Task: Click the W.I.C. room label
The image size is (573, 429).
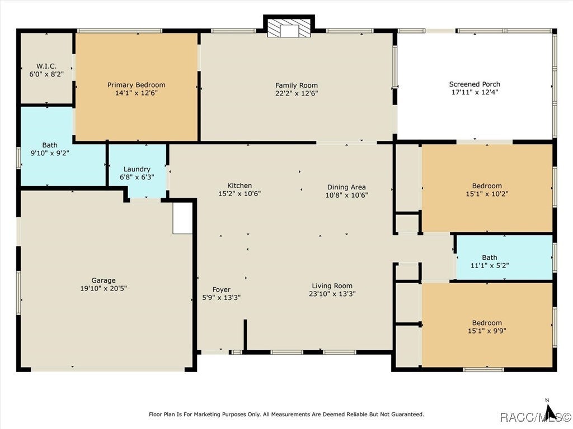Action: [x=46, y=66]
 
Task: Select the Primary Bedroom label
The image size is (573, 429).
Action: [x=137, y=85]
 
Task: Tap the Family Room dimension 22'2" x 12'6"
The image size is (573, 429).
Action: [x=297, y=93]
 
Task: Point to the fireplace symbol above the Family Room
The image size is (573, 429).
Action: [x=289, y=28]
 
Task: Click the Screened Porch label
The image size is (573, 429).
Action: [x=475, y=84]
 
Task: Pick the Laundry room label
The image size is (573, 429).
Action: [x=137, y=169]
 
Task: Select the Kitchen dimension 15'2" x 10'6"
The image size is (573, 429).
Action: [x=239, y=194]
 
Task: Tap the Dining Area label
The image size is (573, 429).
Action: [x=346, y=187]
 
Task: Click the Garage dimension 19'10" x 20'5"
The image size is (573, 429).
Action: [x=104, y=289]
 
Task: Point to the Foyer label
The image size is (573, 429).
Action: [x=222, y=290]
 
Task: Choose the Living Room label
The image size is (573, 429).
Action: [x=332, y=286]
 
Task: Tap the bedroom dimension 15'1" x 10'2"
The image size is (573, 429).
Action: [x=487, y=194]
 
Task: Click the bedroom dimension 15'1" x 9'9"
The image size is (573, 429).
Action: [x=487, y=331]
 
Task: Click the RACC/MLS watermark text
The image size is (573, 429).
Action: [x=535, y=416]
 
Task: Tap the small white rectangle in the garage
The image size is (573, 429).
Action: [x=182, y=218]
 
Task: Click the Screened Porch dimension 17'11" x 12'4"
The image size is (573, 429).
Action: [x=475, y=92]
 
